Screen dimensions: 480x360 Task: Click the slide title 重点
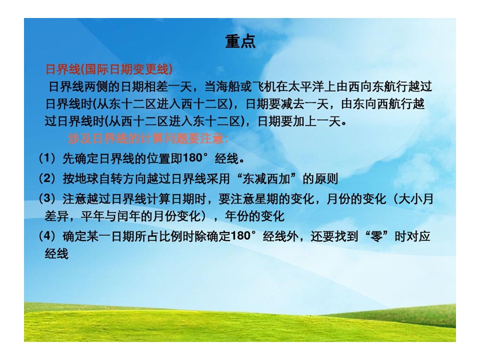click(x=240, y=41)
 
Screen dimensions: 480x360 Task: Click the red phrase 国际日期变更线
click(x=126, y=69)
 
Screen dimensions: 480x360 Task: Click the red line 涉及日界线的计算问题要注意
click(x=148, y=138)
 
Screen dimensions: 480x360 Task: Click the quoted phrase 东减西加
click(x=266, y=178)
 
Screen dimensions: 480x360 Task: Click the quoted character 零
click(x=376, y=236)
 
